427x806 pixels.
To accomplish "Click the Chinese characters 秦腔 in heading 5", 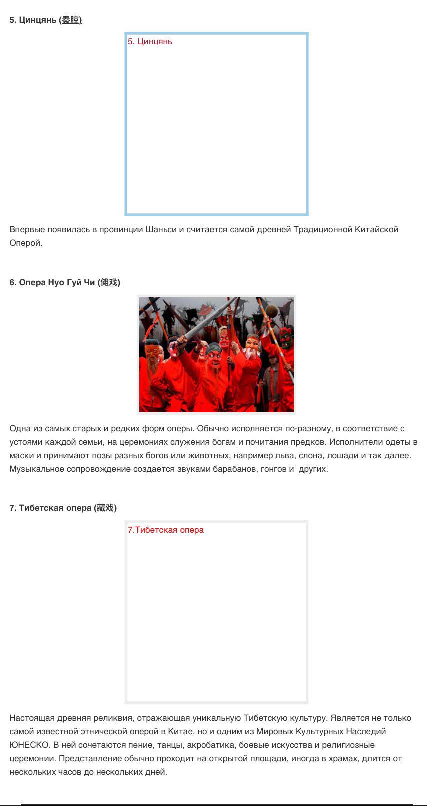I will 70,20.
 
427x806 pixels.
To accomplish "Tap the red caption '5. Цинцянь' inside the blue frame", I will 150,42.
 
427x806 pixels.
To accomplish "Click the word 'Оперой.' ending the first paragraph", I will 26,243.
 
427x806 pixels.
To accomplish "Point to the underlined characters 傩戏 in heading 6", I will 109,283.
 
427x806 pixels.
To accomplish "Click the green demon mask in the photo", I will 286,339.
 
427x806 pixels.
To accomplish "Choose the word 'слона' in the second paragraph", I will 310,456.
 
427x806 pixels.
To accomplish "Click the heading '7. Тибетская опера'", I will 50,508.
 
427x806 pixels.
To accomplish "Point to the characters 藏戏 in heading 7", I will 105,508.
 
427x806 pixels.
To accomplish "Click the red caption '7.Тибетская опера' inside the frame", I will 165,530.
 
